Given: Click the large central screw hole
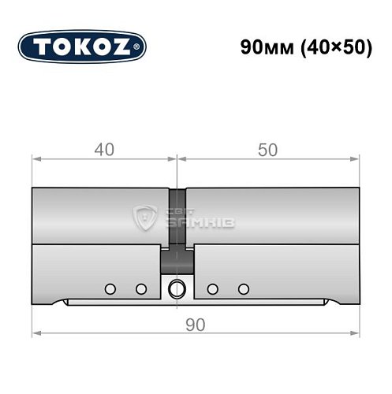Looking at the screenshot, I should pos(177,288).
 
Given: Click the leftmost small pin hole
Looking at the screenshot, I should pos(111,288).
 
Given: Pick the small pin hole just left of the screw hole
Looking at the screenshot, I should pos(141,288).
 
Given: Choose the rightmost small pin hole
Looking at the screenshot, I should pos(243,288).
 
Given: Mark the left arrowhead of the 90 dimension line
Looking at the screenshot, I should pos(35,335).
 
